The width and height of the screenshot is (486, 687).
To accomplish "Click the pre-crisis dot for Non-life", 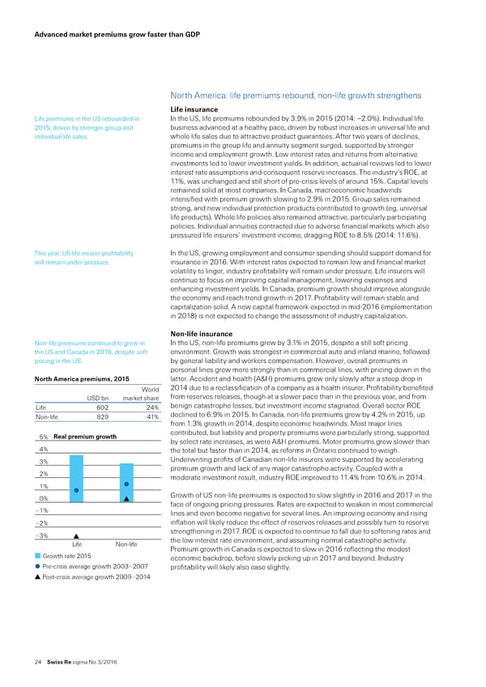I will click(127, 462).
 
